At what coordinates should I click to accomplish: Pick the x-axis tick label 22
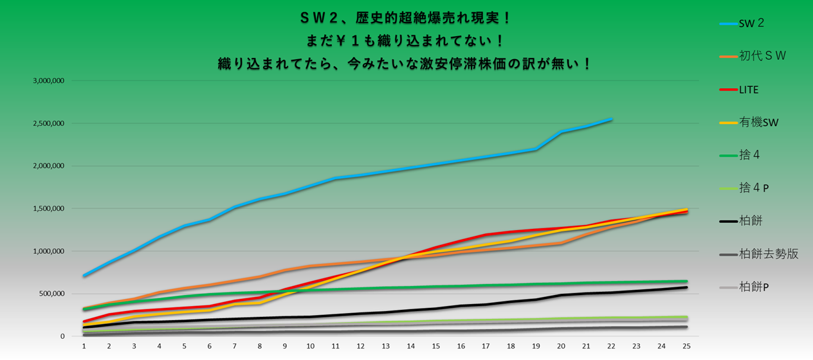(x=611, y=346)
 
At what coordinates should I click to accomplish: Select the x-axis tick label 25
(x=686, y=346)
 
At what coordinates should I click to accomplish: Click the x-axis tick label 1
(x=84, y=346)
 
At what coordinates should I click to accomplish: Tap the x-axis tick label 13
(x=385, y=346)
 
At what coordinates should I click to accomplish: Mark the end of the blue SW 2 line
(x=611, y=119)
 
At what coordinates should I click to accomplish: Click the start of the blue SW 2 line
(x=84, y=275)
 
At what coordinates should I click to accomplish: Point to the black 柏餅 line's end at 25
(x=686, y=287)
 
